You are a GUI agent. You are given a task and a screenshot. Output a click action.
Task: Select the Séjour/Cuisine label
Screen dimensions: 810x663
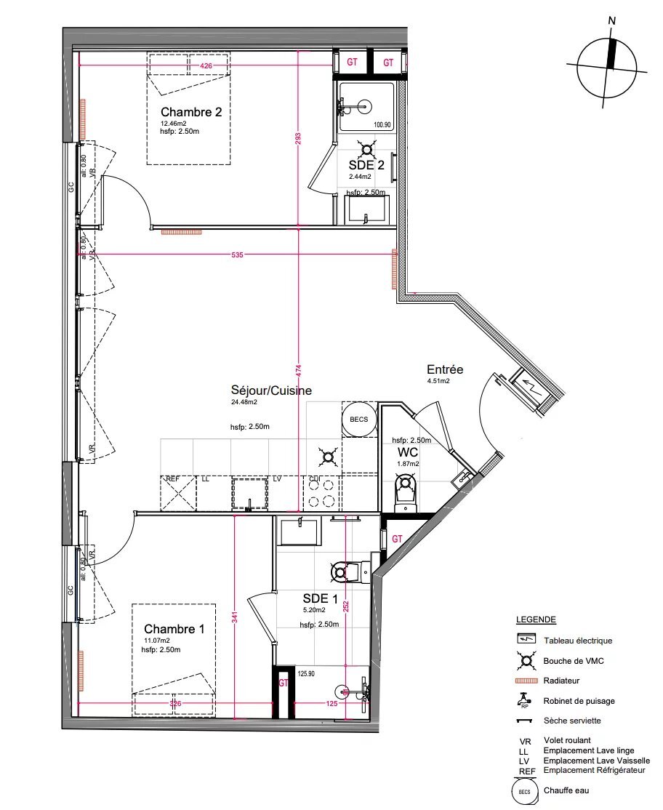click(x=271, y=390)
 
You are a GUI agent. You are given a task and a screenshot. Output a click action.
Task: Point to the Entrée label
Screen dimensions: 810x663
click(x=445, y=369)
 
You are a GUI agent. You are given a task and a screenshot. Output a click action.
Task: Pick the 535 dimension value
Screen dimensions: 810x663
click(x=238, y=255)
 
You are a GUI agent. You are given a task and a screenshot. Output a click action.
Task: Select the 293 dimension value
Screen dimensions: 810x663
click(x=298, y=139)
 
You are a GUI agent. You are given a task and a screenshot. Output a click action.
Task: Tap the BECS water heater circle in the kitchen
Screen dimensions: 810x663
click(x=358, y=420)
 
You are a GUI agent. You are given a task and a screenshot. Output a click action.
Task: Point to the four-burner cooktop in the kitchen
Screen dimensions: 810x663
click(x=322, y=492)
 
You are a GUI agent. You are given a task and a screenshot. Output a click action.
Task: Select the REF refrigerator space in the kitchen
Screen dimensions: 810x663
click(x=178, y=494)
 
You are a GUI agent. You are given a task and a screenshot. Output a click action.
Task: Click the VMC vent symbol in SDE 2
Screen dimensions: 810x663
click(x=369, y=151)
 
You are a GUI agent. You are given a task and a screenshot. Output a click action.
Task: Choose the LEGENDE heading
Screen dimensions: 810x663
click(x=536, y=620)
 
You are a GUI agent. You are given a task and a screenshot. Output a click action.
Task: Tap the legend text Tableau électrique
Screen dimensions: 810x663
click(x=578, y=641)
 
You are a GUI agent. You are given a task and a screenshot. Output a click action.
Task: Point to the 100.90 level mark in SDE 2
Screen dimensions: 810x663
click(x=382, y=125)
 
